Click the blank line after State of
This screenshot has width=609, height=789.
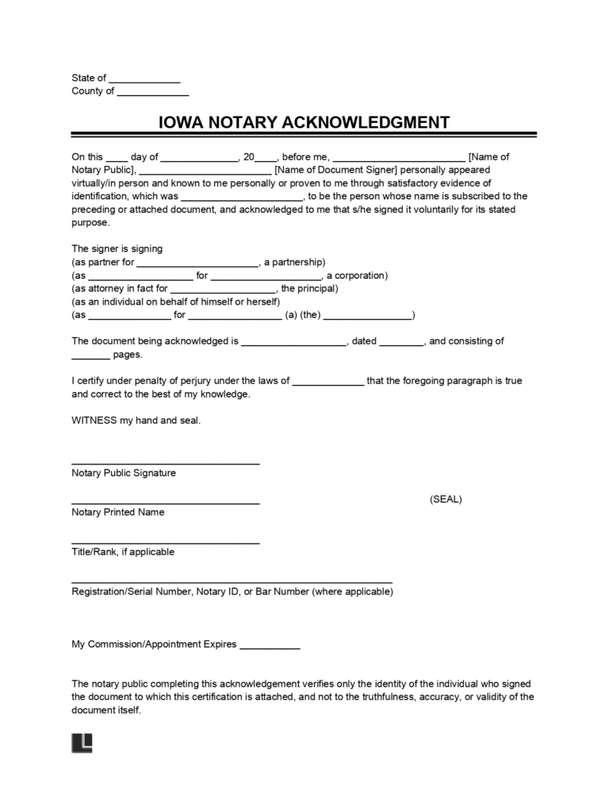(x=144, y=81)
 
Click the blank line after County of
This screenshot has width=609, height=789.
(x=153, y=94)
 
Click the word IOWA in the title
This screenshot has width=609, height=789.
(x=179, y=122)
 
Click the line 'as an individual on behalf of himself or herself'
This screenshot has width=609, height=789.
(x=175, y=302)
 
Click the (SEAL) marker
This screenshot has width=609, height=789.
(x=446, y=499)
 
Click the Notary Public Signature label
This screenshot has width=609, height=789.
(x=124, y=473)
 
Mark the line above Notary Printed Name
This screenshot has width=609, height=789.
(x=165, y=503)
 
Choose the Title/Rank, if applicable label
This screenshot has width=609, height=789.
(x=123, y=552)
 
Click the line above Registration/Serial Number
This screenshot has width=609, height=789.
(x=232, y=582)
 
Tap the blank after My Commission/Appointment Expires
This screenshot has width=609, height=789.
(x=270, y=648)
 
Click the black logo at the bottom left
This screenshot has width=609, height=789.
(x=82, y=742)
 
